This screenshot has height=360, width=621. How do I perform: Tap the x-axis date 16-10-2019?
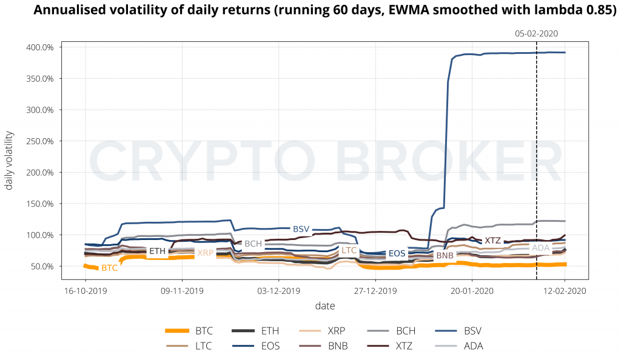(85, 290)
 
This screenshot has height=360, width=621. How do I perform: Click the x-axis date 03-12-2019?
(278, 290)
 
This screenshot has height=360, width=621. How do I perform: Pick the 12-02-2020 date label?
(565, 290)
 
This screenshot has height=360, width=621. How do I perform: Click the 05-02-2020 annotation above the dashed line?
(536, 34)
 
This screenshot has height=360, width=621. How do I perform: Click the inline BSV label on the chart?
(301, 229)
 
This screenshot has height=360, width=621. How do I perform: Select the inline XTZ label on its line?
(492, 241)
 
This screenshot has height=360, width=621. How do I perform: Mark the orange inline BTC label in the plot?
(110, 267)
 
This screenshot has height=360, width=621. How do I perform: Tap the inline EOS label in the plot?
(397, 253)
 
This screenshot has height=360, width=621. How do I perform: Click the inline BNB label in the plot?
(445, 256)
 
